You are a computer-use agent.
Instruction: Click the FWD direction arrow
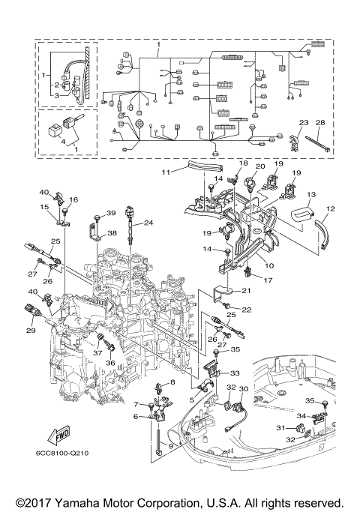59,433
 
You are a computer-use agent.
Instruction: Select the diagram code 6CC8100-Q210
62,453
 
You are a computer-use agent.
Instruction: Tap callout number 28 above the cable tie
320,122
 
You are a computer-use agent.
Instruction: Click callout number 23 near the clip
304,122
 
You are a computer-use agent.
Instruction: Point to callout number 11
166,172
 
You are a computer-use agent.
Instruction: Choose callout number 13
311,194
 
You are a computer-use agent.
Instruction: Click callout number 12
331,208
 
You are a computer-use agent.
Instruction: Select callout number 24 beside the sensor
148,223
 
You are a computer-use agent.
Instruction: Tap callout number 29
31,330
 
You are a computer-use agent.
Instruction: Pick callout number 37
98,352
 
